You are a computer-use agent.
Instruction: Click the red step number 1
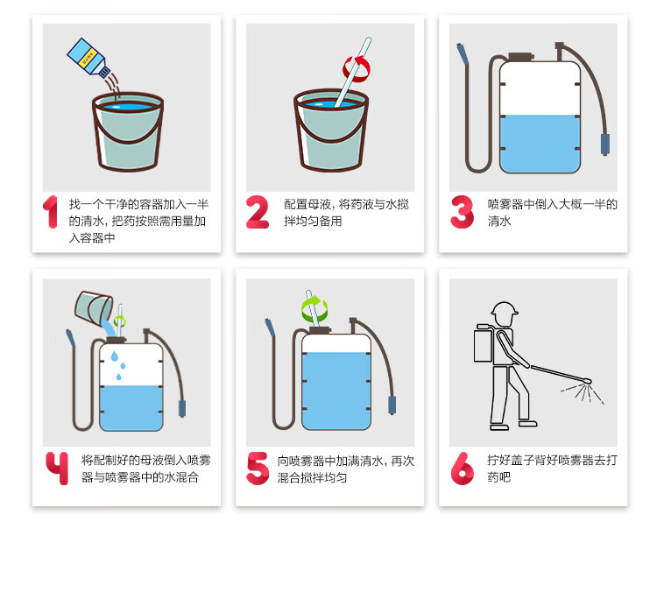(x=51, y=212)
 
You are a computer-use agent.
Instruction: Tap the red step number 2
(x=258, y=212)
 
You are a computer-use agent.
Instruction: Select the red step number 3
(x=463, y=212)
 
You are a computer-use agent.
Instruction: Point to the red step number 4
(x=58, y=469)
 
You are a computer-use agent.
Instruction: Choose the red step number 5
(x=258, y=469)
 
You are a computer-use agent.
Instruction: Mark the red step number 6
(x=463, y=469)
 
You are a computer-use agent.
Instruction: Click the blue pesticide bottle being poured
(x=88, y=58)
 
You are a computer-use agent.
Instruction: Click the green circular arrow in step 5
(x=314, y=309)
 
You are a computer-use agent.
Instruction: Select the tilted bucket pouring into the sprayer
(x=94, y=308)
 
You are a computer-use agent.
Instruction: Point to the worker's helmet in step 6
(x=505, y=309)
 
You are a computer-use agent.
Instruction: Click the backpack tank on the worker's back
(x=483, y=344)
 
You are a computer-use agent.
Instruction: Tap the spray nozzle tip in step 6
(x=588, y=381)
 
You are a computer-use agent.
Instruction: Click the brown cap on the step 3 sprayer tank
(x=521, y=58)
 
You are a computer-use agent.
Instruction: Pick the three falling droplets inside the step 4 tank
(x=118, y=366)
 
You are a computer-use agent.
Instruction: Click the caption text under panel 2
(x=346, y=213)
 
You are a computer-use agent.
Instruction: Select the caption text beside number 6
(x=552, y=469)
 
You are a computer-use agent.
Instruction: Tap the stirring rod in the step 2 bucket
(x=353, y=72)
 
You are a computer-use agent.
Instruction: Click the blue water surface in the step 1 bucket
(x=128, y=107)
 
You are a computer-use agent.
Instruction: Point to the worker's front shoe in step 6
(x=527, y=423)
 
